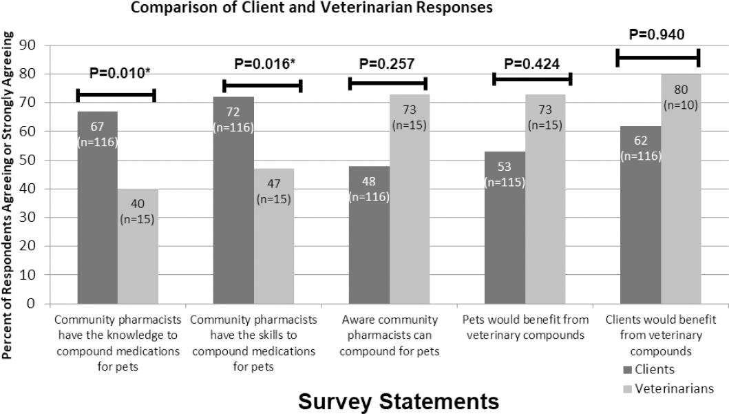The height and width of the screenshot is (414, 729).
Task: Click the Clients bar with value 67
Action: pyautogui.click(x=98, y=207)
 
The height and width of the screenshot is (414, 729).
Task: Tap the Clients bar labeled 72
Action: pyautogui.click(x=233, y=200)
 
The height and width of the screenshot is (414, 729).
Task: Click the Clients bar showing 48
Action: pyautogui.click(x=369, y=234)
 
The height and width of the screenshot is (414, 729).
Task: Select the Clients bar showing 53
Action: pyautogui.click(x=505, y=227)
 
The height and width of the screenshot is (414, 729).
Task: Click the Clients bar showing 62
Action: pyautogui.click(x=640, y=214)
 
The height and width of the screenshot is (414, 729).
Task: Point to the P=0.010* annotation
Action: pyautogui.click(x=120, y=72)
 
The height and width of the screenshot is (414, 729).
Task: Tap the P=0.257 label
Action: pyautogui.click(x=386, y=64)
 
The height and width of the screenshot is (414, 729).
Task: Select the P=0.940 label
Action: pyautogui.click(x=657, y=35)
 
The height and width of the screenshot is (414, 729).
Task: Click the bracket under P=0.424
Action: pyautogui.click(x=532, y=80)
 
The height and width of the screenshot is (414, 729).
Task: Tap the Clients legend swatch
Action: pyautogui.click(x=626, y=370)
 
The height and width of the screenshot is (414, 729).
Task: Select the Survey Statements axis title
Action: pyautogui.click(x=399, y=400)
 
